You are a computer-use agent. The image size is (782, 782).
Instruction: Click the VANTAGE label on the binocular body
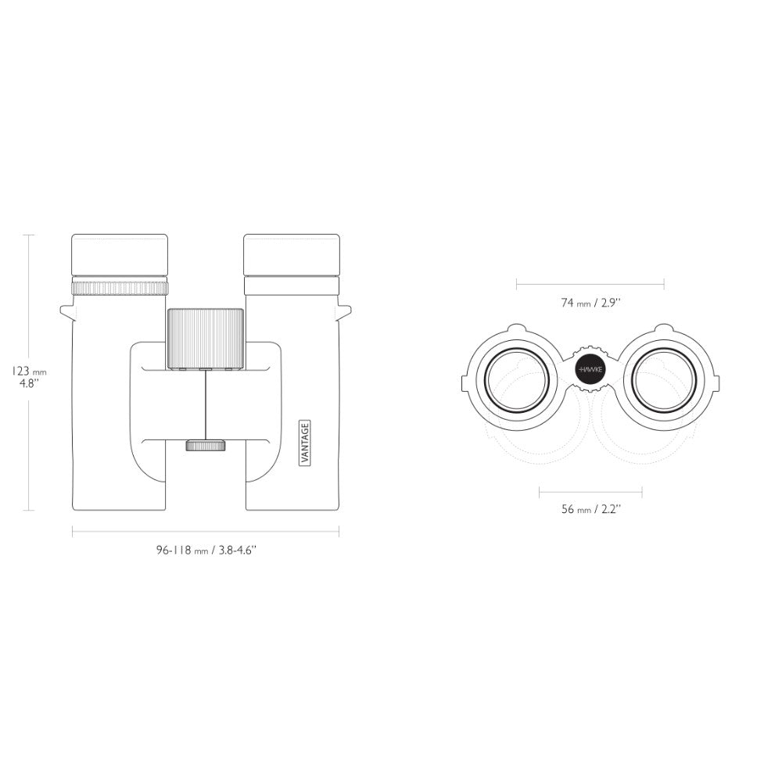(x=305, y=443)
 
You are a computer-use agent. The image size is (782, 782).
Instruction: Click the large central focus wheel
(x=206, y=339)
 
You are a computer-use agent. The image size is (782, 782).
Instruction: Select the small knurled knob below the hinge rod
(x=206, y=446)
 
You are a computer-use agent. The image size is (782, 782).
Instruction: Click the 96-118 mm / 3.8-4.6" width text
(x=206, y=550)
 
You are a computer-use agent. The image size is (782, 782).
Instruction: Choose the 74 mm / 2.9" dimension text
(x=590, y=303)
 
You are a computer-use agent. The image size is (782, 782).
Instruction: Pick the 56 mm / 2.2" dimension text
(x=591, y=509)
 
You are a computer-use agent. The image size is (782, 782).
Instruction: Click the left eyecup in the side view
(x=120, y=255)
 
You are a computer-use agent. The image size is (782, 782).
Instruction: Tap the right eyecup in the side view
(x=292, y=255)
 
